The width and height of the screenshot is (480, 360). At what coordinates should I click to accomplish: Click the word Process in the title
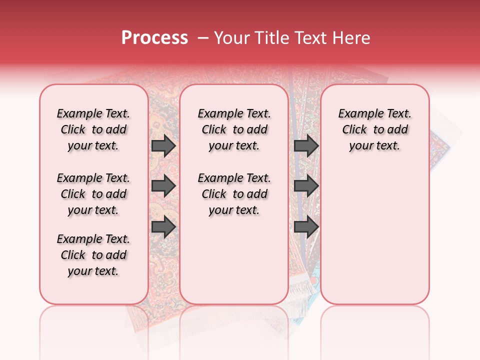click(x=154, y=38)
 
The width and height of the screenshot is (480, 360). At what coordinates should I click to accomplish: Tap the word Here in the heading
click(x=351, y=38)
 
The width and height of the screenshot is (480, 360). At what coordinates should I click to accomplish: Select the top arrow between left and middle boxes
click(x=163, y=146)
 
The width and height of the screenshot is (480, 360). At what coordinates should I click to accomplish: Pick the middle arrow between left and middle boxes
click(x=163, y=186)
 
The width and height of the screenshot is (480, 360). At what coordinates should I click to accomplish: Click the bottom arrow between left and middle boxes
click(x=163, y=226)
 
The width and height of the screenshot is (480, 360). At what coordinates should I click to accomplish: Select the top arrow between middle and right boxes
click(x=306, y=146)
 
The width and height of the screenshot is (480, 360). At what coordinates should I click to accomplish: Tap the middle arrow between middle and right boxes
click(x=306, y=186)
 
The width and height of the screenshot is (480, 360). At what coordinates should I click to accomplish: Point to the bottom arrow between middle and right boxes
click(x=306, y=226)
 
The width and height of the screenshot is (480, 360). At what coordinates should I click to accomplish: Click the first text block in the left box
click(x=93, y=129)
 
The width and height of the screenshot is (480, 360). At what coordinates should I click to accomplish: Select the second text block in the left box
click(x=93, y=194)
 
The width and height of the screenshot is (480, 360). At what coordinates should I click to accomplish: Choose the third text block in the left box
click(x=93, y=255)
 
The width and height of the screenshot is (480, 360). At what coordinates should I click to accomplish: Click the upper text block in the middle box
click(x=234, y=129)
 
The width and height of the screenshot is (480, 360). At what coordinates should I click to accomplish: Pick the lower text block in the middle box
click(x=234, y=194)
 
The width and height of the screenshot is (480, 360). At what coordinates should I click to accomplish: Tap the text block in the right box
click(x=374, y=129)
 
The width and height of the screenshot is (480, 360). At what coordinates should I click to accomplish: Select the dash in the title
click(x=203, y=38)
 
